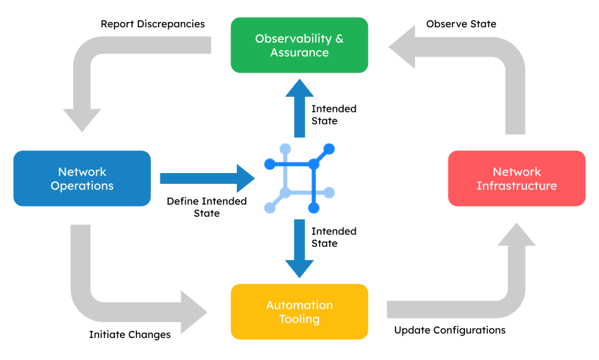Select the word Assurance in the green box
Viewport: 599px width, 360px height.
(299, 52)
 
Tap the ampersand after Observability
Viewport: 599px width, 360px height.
(339, 39)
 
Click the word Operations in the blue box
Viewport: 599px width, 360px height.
(82, 186)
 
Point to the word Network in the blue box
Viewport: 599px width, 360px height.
(82, 172)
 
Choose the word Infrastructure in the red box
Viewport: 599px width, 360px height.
(517, 186)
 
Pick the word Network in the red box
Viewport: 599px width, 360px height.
(517, 172)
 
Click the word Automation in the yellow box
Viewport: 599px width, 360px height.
(299, 305)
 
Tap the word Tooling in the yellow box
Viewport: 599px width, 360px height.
(299, 319)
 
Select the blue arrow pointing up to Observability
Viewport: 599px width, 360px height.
(299, 107)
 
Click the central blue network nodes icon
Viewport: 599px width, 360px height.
(299, 179)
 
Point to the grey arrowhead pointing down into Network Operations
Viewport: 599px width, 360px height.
(82, 119)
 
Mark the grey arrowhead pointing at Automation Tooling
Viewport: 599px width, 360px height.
(193, 312)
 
